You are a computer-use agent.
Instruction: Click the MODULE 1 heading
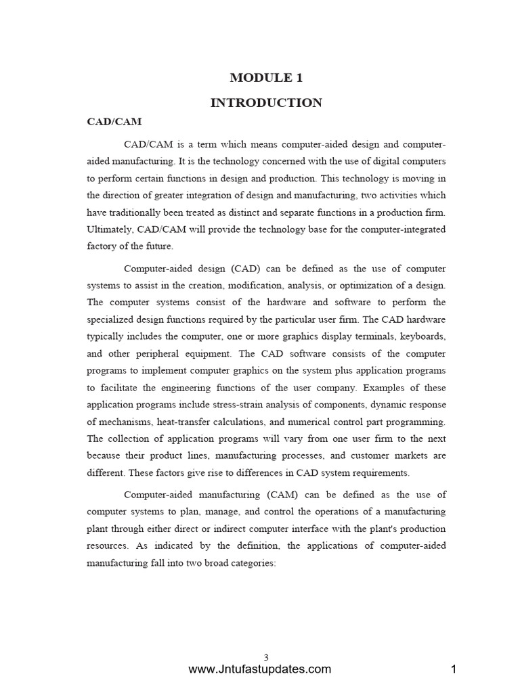pyautogui.click(x=266, y=78)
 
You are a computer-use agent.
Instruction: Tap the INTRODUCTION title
pyautogui.click(x=266, y=103)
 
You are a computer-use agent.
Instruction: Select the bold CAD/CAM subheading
pyautogui.click(x=114, y=122)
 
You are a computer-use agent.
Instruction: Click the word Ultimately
pyautogui.click(x=110, y=229)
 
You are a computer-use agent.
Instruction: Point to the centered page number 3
pyautogui.click(x=266, y=657)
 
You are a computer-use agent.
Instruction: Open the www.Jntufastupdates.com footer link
pyautogui.click(x=260, y=670)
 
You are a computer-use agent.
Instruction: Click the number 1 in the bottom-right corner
pyautogui.click(x=454, y=670)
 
